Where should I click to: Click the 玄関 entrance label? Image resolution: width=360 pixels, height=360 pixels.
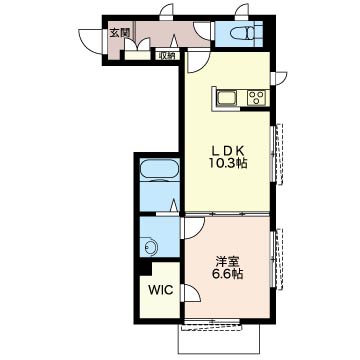(120, 33)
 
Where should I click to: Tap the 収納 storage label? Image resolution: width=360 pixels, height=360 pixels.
(167, 56)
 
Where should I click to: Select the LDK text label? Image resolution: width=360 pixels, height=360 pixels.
(228, 151)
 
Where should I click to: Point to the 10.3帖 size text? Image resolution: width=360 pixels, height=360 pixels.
(228, 163)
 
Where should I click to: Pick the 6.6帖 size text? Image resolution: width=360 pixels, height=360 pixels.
(228, 274)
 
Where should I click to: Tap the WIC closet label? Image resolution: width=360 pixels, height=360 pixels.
(161, 291)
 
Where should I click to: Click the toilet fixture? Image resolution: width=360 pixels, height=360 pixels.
(244, 34)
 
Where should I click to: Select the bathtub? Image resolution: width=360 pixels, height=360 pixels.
(160, 170)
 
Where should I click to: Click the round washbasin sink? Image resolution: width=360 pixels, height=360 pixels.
(151, 246)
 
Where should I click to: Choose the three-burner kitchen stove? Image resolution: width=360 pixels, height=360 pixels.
(256, 98)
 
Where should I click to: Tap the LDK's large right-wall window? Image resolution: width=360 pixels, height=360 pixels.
(278, 153)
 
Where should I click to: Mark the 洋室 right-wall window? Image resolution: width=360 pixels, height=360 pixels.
(278, 258)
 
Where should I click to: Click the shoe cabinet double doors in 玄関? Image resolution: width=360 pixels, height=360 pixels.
(137, 45)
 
